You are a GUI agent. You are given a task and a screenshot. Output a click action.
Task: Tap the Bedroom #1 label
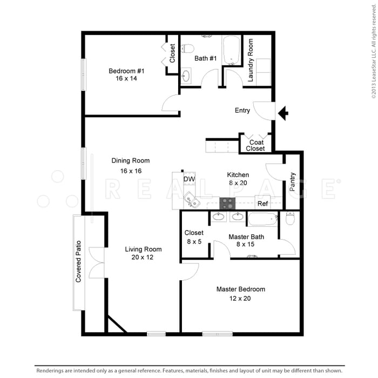coord(126,71)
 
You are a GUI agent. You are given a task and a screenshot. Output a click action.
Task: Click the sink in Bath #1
coord(186,75)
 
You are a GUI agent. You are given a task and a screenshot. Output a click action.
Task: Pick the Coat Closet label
coord(256,145)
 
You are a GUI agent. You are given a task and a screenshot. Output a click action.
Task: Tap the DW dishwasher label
coord(188,179)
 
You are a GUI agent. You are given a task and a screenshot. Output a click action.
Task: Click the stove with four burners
coord(227,204)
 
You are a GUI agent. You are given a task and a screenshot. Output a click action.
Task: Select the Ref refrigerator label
coord(263,204)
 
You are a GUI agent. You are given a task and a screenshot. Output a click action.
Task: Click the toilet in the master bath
coord(290,218)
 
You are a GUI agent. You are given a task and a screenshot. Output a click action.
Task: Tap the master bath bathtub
coord(262,219)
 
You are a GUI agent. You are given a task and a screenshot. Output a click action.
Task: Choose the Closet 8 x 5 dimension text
coord(193,241)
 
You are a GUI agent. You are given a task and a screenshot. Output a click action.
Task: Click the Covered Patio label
coord(79,262)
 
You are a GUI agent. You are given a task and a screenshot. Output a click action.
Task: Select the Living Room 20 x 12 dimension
coord(144,258)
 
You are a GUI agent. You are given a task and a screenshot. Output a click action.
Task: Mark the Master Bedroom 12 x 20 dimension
coord(240,298)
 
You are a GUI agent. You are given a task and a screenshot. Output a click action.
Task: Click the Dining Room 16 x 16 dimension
coord(131,171)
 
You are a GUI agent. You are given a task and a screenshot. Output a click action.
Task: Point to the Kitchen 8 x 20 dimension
coord(238,183)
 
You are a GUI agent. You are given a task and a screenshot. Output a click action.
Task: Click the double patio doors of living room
coord(96,263)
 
